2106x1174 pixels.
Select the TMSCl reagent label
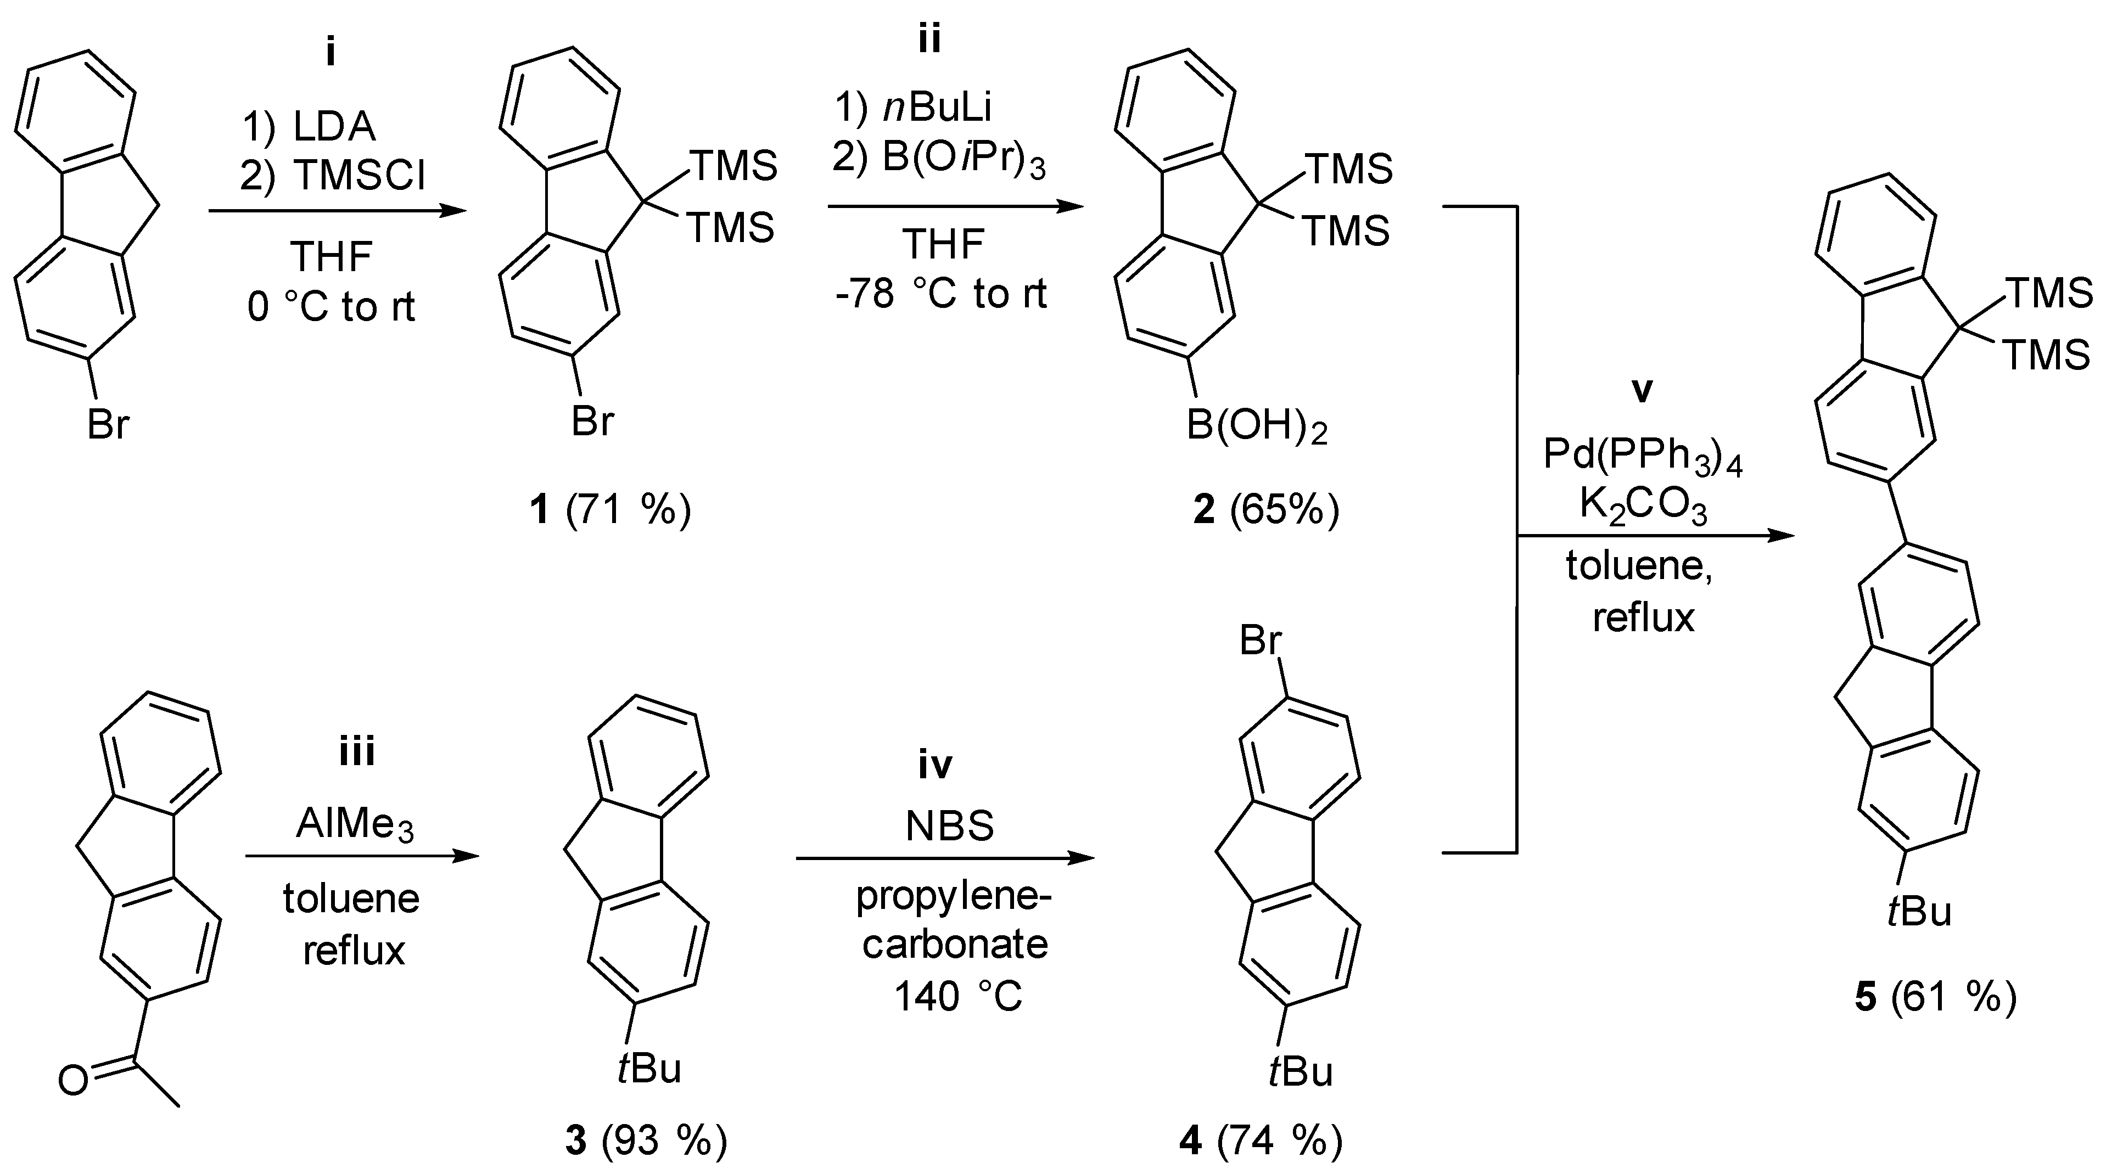point(360,176)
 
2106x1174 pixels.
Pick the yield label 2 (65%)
point(1265,511)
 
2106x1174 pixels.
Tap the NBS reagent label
point(950,827)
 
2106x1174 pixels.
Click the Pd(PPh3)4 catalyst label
point(1643,456)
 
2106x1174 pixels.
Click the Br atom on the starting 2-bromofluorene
point(108,425)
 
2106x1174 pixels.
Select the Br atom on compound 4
point(1260,641)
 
